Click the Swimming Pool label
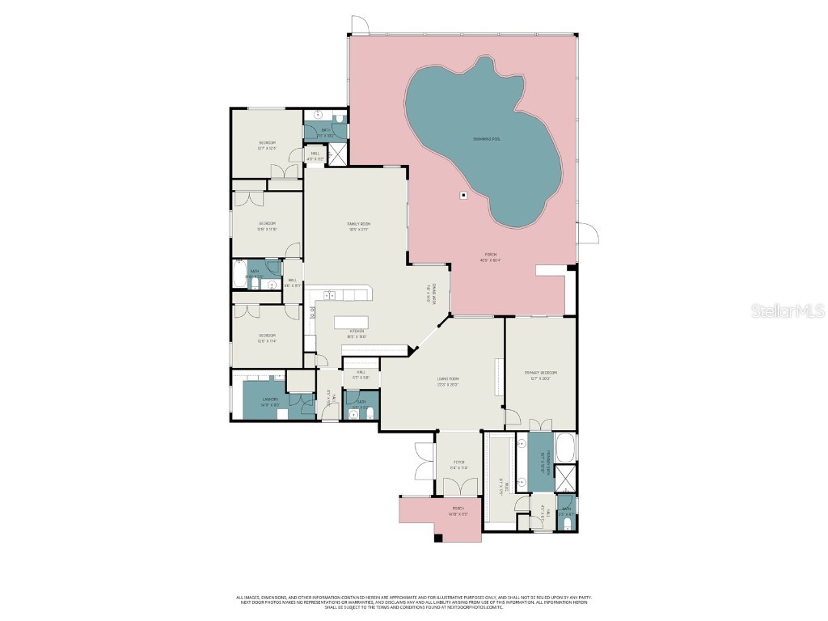coord(486,139)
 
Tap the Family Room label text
coord(358,226)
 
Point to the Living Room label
coord(448,382)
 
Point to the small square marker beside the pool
coord(463,194)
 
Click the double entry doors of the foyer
coord(458,486)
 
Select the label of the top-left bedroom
coord(267,145)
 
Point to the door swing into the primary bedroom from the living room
coord(512,417)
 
